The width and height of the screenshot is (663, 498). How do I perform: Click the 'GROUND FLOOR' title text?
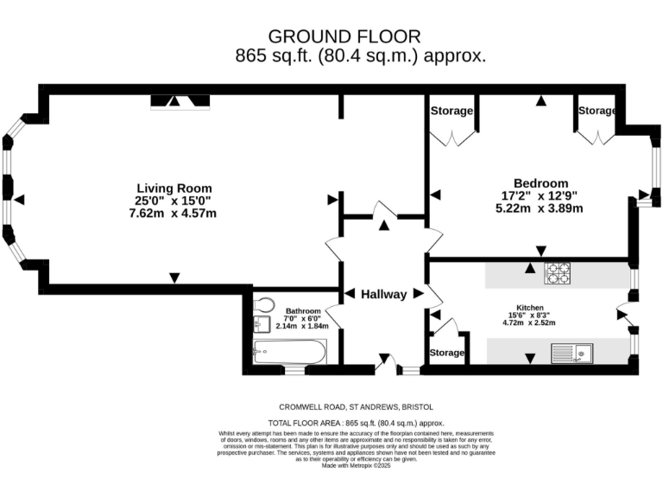click(344, 36)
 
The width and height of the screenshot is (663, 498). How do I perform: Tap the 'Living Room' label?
click(174, 188)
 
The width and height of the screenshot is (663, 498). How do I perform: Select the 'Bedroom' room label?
click(540, 182)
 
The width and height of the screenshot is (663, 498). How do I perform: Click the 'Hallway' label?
click(384, 294)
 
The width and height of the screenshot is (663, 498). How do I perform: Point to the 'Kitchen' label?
click(528, 308)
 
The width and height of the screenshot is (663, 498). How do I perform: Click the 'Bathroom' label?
click(303, 311)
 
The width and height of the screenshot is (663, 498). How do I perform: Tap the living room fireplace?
click(180, 102)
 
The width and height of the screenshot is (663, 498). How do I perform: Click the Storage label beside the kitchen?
click(447, 353)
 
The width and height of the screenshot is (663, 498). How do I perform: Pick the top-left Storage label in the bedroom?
click(451, 111)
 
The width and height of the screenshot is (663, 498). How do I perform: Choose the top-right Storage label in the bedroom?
click(597, 111)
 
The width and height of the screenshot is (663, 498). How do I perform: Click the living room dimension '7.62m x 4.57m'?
click(174, 214)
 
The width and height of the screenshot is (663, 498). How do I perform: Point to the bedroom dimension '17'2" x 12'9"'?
click(540, 195)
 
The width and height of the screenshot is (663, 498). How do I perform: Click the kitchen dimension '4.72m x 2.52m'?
click(528, 323)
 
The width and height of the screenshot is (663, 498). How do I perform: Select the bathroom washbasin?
click(263, 324)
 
